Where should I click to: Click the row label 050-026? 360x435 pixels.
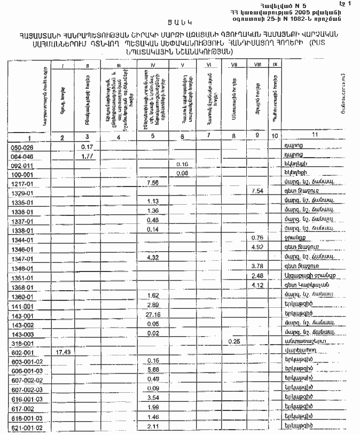[22, 147]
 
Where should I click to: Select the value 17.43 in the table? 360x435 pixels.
[63, 352]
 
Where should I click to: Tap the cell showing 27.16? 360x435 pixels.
[153, 315]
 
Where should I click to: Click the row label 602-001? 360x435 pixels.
[22, 353]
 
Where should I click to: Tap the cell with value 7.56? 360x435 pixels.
[153, 182]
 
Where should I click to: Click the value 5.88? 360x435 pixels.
[153, 369]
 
